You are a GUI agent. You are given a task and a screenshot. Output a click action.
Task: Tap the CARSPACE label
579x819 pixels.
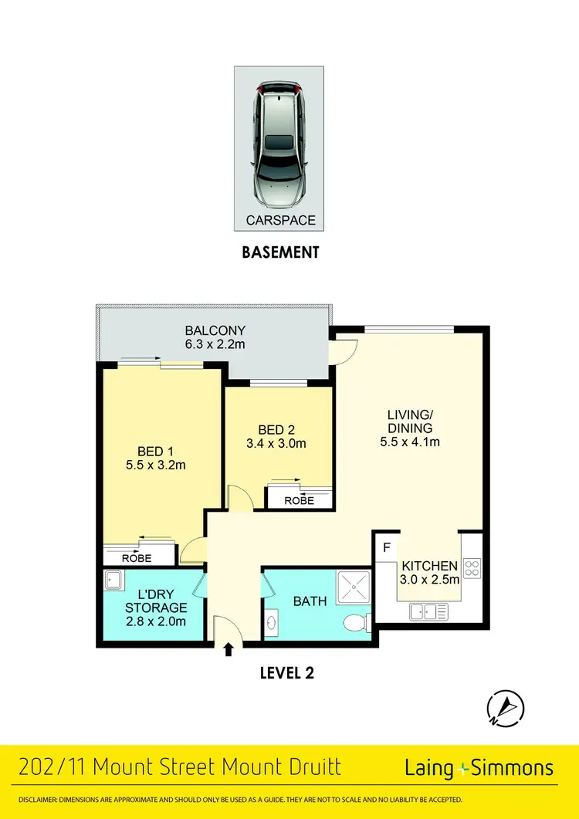pos(280,220)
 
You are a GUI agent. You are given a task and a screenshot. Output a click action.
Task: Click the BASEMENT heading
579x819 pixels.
pos(279,252)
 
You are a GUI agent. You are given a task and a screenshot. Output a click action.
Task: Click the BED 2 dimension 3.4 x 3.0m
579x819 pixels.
pos(276,444)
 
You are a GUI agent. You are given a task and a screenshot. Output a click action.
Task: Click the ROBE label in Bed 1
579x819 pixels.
pos(137,557)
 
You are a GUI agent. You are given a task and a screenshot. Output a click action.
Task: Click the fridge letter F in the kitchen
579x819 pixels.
pos(385,549)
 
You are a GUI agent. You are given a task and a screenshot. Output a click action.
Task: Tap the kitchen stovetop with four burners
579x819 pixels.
pos(472,569)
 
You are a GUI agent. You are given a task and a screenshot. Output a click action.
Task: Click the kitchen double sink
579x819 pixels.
pos(429,611)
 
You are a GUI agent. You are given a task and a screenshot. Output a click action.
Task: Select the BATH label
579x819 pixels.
pos(310,601)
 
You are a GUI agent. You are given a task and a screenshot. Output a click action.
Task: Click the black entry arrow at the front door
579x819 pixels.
pos(229,650)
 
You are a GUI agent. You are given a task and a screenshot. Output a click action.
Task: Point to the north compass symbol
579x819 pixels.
pos(506,706)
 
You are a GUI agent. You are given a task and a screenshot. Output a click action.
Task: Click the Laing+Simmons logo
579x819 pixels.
pos(479,768)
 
